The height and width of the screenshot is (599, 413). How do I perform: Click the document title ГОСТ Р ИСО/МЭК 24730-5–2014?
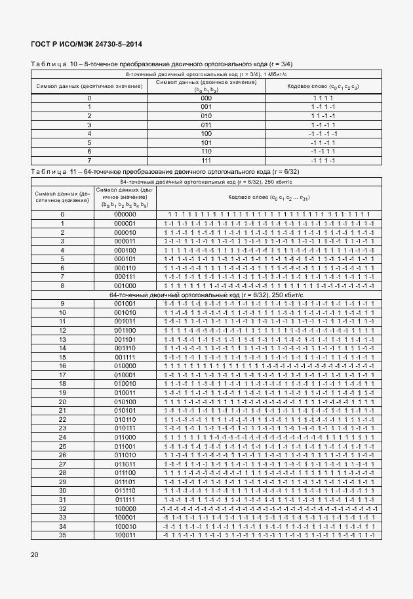click(87, 44)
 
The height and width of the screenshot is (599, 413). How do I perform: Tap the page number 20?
click(35, 555)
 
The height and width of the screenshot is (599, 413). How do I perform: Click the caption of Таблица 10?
click(161, 64)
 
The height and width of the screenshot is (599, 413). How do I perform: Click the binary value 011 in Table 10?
click(206, 124)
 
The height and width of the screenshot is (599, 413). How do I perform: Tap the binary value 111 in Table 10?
click(206, 159)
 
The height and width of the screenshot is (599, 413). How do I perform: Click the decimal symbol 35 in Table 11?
click(62, 535)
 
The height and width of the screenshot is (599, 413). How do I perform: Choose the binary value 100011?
click(125, 535)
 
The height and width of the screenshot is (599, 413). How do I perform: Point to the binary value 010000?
click(125, 365)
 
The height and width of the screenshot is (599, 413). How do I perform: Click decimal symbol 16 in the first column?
click(62, 365)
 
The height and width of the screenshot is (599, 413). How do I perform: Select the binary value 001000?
click(125, 285)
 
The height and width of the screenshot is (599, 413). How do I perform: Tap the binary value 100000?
click(125, 508)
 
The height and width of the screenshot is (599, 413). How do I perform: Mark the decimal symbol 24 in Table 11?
click(62, 437)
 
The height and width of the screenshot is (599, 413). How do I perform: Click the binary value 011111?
click(125, 499)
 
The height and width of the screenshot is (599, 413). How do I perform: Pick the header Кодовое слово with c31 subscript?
click(269, 197)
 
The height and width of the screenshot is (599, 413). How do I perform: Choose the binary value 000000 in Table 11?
click(125, 214)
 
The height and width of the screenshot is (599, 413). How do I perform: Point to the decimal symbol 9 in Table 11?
click(62, 303)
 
